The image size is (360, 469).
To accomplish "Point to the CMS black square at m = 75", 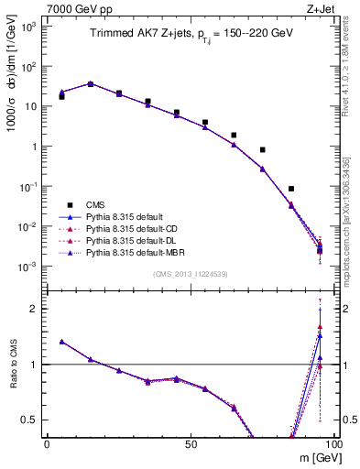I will coord(262,149).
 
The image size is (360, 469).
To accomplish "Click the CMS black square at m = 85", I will coord(291,189).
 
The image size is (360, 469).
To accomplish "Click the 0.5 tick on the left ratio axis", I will coord(33,420).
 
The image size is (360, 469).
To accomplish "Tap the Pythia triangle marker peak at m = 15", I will coord(91,83).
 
